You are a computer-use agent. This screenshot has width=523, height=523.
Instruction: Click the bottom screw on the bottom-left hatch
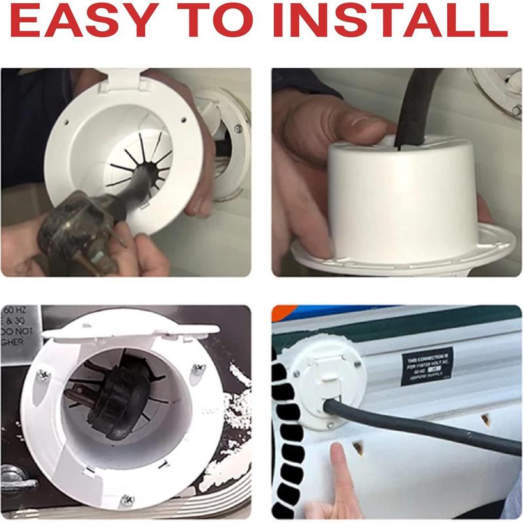126,500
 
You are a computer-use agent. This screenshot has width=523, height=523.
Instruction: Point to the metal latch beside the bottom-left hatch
17,481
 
